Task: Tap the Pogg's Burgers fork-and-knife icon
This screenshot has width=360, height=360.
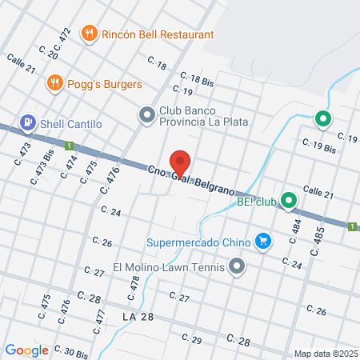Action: point(54,82)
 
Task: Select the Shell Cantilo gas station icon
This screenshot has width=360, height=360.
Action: point(28,122)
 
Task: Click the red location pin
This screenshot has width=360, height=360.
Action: point(181,162)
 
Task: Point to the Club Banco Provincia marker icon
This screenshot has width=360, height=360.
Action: point(146,116)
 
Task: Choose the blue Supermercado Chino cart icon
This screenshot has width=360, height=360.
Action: point(262,240)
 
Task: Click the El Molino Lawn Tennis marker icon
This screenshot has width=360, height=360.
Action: point(237,267)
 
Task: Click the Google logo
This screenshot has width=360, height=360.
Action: point(26,350)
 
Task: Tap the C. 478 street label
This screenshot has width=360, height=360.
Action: point(135,283)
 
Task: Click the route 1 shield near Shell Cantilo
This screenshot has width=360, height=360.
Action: point(70,146)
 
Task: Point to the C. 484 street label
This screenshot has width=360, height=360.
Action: point(297,231)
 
